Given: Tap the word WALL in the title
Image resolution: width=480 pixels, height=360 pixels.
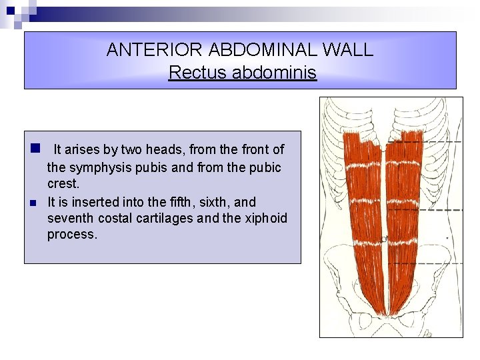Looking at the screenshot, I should [x=351, y=50].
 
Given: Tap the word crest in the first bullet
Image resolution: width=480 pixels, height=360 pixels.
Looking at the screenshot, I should [x=62, y=184].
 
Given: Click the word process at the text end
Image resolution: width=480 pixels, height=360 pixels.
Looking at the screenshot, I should [x=71, y=235].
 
